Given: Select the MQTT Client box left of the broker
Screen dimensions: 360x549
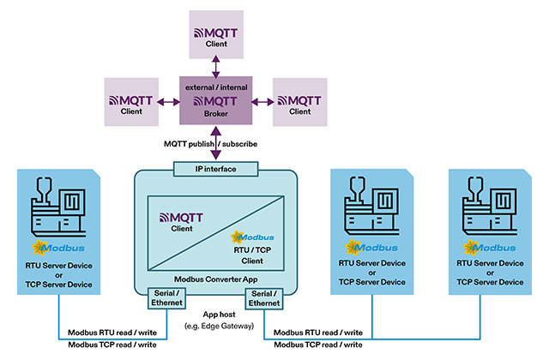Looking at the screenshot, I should (132, 100).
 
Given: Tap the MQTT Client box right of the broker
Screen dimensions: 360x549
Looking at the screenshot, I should (300, 100).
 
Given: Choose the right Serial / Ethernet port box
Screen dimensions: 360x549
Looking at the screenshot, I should (264, 298).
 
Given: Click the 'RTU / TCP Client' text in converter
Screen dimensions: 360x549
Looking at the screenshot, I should (252, 255).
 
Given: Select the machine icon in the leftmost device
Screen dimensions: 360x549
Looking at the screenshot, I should (58, 211).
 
